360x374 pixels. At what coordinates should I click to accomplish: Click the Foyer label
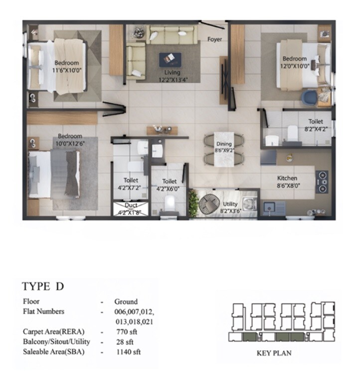click(215, 39)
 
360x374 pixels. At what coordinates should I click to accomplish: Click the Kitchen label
click(287, 178)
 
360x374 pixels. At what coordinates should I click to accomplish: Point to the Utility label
click(230, 204)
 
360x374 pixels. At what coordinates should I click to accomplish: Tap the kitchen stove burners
click(323, 182)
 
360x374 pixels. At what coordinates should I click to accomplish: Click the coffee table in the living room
click(170, 59)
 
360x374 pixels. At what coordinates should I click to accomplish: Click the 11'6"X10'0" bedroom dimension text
click(66, 70)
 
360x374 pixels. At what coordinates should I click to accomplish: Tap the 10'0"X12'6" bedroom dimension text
click(69, 143)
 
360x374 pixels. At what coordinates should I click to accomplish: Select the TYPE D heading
click(43, 286)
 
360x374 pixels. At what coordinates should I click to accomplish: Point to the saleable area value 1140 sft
click(127, 352)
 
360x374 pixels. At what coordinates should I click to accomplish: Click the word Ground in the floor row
click(126, 301)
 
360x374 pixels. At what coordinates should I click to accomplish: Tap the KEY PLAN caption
click(274, 353)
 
